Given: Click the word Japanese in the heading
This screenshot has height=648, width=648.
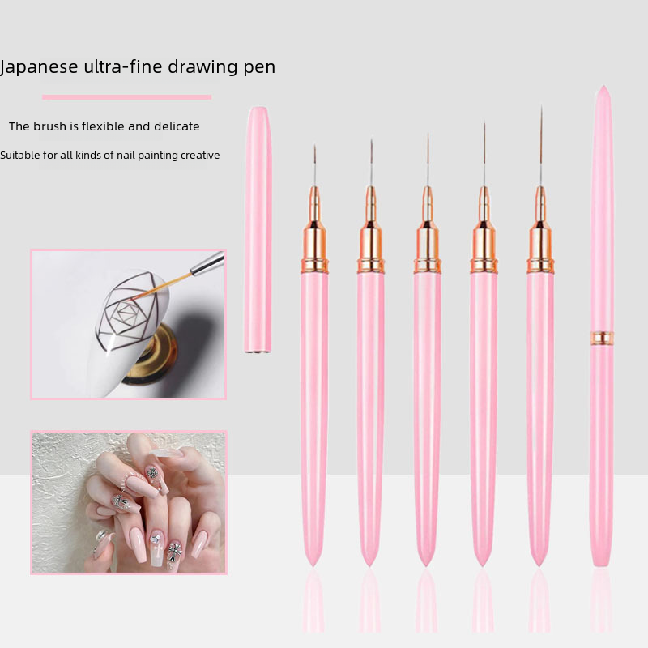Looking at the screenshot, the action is (39, 67).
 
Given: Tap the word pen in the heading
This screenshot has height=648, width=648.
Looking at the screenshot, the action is (259, 68).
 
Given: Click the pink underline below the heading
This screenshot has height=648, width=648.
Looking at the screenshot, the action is (127, 97).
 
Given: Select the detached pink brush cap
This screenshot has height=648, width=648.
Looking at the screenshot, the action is (258, 229).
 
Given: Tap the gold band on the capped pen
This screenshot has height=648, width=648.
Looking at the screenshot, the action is (602, 338).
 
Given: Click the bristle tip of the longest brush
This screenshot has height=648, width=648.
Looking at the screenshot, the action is (541, 108).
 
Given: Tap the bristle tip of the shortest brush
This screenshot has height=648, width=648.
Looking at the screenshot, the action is (315, 146).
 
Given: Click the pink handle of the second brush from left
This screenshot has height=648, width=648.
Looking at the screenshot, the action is (371, 417).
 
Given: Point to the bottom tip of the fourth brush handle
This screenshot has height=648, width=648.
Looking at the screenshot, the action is (482, 565).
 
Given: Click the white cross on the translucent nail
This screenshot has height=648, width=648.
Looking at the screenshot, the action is (158, 551).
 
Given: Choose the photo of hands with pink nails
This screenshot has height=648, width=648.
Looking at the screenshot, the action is (129, 502).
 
